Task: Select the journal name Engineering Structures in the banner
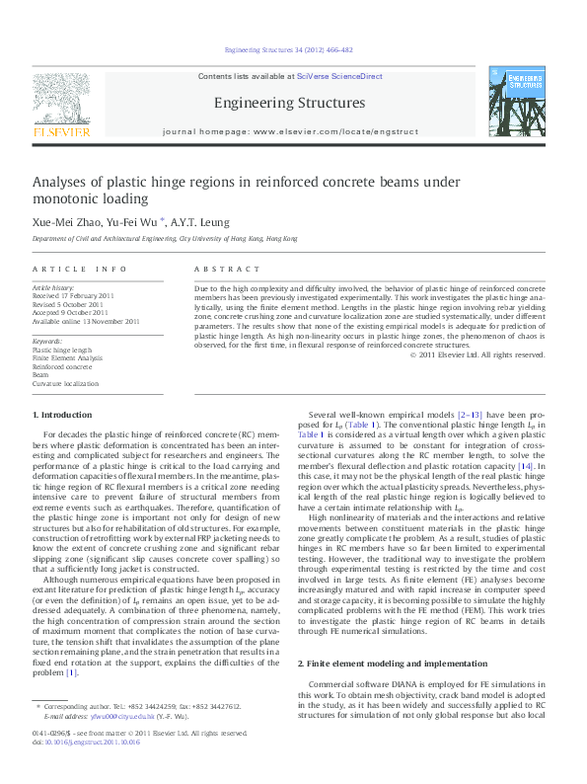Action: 288,103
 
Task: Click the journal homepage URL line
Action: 288,130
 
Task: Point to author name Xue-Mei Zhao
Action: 66,222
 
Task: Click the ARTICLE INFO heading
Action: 80,269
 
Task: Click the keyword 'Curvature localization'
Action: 66,383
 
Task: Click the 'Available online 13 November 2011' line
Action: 86,321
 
